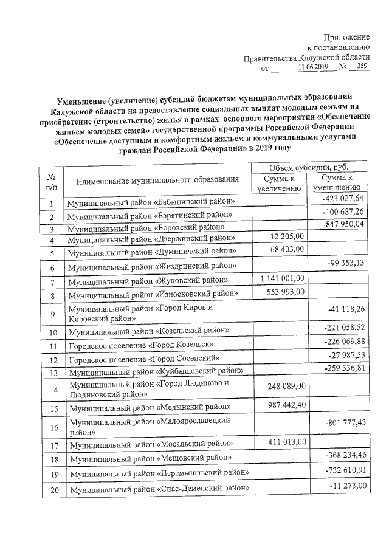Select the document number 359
363,68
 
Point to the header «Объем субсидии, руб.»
309,167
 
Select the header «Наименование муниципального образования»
157,180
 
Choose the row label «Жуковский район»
148,281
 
